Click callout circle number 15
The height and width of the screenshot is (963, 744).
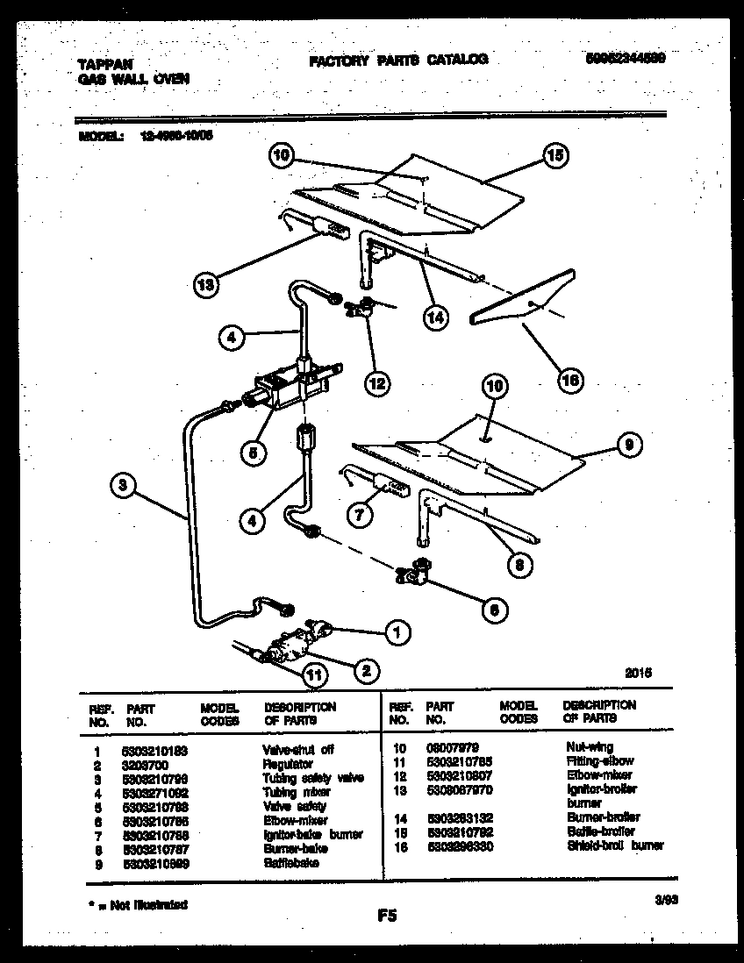[x=553, y=157]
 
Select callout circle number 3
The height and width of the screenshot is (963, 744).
[x=125, y=483]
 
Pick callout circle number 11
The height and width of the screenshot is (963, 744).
[x=311, y=674]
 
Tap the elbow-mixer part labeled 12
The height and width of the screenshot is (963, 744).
[x=362, y=311]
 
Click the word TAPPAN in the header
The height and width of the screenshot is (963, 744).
[x=94, y=63]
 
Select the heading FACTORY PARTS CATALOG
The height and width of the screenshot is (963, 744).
[x=397, y=60]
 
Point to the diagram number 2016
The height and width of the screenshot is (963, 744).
[x=638, y=674]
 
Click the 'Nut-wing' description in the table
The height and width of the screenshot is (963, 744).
[x=589, y=746]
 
